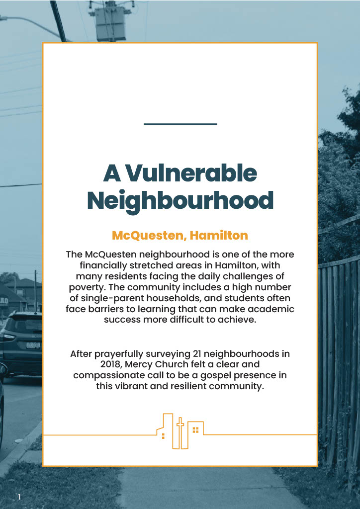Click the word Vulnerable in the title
[191, 173]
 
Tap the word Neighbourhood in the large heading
[180, 200]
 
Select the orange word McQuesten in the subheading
[147, 235]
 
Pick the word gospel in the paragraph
[219, 375]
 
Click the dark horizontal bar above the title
[180, 124]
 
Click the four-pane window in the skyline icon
[195, 429]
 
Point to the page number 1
[19, 497]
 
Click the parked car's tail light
[8, 336]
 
